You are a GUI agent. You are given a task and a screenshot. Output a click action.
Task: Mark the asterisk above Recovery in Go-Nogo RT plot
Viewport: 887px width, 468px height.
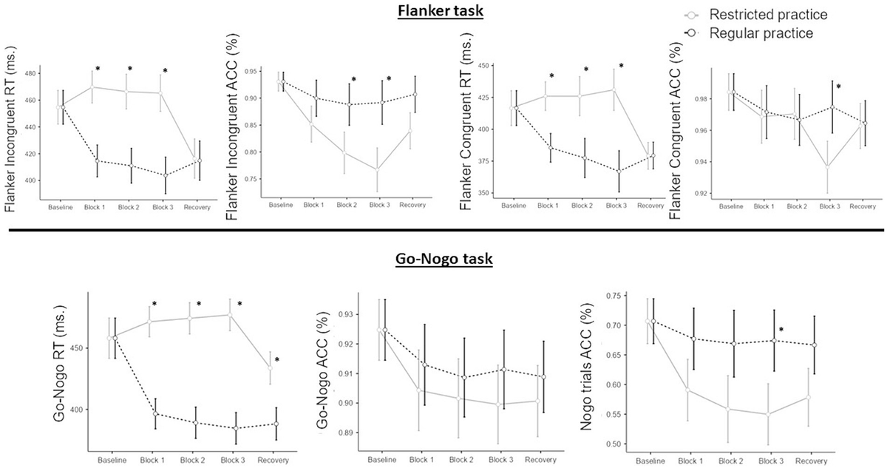pyautogui.click(x=277, y=360)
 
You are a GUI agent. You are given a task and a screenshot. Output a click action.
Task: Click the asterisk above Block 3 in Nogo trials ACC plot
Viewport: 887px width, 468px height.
pyautogui.click(x=781, y=330)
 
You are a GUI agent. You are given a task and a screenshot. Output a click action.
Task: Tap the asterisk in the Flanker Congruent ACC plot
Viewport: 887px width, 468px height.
pyautogui.click(x=838, y=87)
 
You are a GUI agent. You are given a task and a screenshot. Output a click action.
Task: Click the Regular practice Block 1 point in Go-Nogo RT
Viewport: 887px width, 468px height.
pyautogui.click(x=154, y=414)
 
